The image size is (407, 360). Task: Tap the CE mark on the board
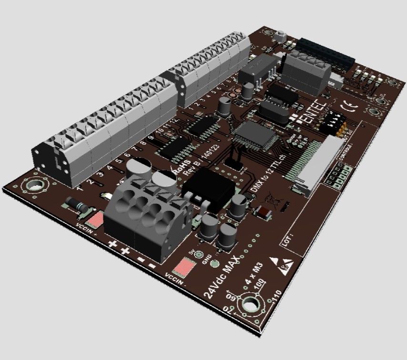[348, 106]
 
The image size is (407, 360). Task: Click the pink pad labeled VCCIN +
[96, 220]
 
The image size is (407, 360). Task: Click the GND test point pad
[214, 264]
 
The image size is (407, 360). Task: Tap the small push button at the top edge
[281, 36]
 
